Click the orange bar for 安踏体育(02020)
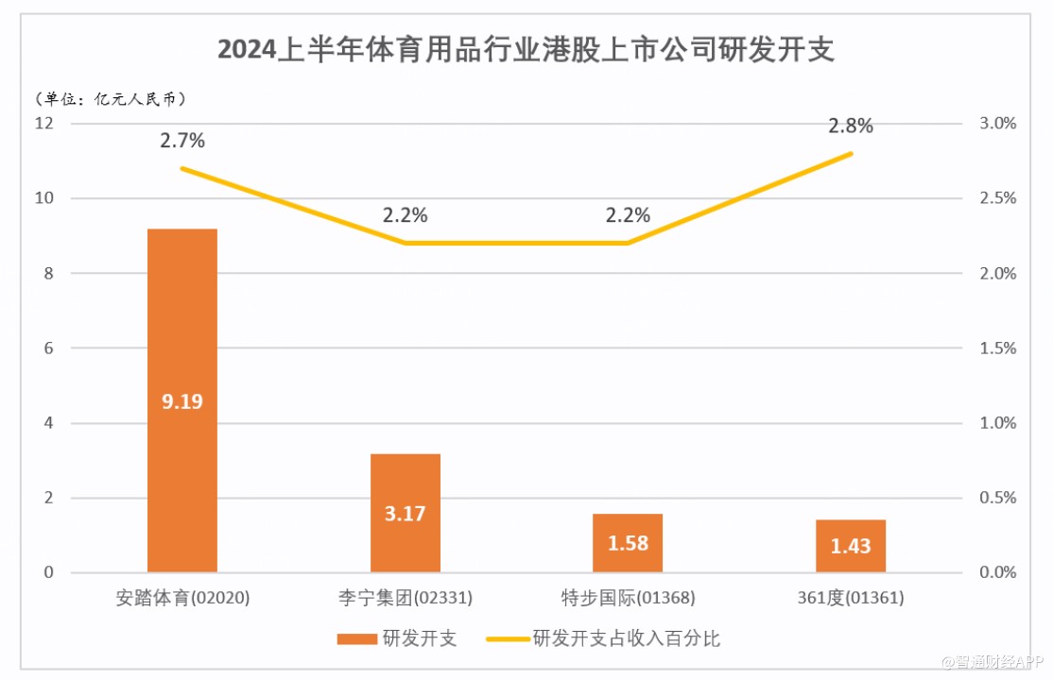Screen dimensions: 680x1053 [182, 312]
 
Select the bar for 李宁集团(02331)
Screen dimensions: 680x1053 [406, 482]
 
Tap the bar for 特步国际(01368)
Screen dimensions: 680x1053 [628, 529]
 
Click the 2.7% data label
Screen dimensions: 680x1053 [182, 141]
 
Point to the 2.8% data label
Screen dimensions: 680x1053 [851, 126]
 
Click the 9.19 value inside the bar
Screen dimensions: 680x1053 [182, 401]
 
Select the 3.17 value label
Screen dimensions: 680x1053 [406, 515]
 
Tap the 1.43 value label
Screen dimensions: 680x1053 [851, 547]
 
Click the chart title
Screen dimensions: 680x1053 [526, 49]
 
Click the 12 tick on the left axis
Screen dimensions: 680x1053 [45, 124]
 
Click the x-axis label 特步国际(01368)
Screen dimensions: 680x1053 [628, 598]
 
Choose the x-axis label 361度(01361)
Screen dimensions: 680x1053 [851, 598]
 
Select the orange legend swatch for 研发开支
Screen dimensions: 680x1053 [356, 639]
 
